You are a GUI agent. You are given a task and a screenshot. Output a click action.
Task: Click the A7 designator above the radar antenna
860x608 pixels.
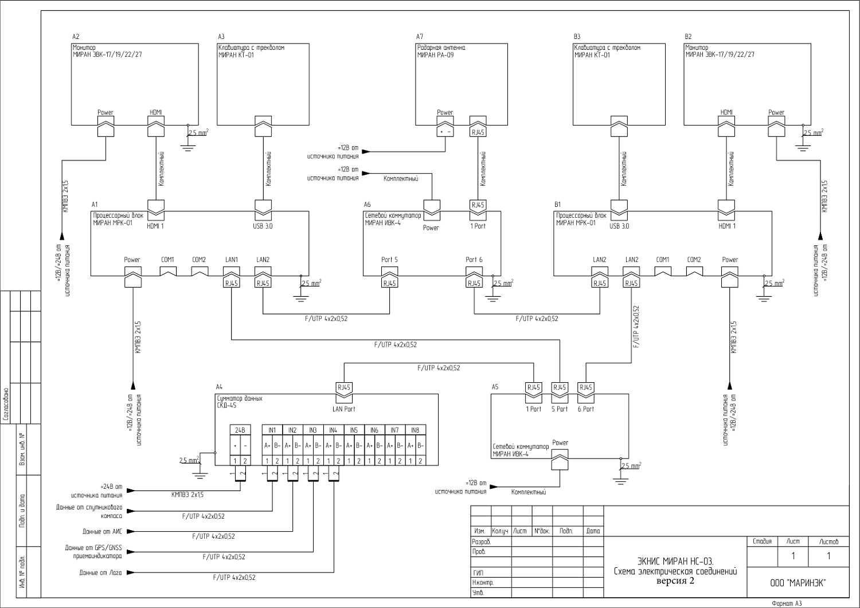click(420, 36)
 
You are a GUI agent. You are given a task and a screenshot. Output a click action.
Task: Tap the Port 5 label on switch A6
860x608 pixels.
click(389, 260)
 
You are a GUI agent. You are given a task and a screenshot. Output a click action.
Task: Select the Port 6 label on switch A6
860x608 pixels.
click(474, 260)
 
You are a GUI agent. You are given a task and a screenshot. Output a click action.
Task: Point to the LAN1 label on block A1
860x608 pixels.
click(232, 260)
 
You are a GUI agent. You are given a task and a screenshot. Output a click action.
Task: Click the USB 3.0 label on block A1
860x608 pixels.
click(263, 226)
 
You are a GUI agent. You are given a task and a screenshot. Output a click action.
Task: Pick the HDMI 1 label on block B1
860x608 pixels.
click(727, 226)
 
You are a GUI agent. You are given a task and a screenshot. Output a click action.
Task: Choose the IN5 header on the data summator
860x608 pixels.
click(354, 430)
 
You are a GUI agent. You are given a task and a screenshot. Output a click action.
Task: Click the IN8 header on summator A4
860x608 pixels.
click(415, 430)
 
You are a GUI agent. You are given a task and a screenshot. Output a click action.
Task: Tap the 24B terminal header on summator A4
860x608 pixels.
click(240, 430)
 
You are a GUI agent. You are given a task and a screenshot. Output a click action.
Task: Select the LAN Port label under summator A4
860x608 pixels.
click(344, 409)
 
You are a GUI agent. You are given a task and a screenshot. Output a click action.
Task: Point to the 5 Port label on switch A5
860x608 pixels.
click(560, 409)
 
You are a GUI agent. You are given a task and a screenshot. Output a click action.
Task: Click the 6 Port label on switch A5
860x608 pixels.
click(586, 409)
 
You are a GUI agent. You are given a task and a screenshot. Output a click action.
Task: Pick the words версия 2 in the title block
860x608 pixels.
click(675, 580)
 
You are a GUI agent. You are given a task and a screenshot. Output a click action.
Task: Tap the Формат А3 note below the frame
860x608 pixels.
click(787, 603)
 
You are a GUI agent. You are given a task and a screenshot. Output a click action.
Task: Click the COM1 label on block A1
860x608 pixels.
click(167, 260)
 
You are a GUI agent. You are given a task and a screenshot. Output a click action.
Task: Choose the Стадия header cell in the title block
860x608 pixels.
click(762, 541)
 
